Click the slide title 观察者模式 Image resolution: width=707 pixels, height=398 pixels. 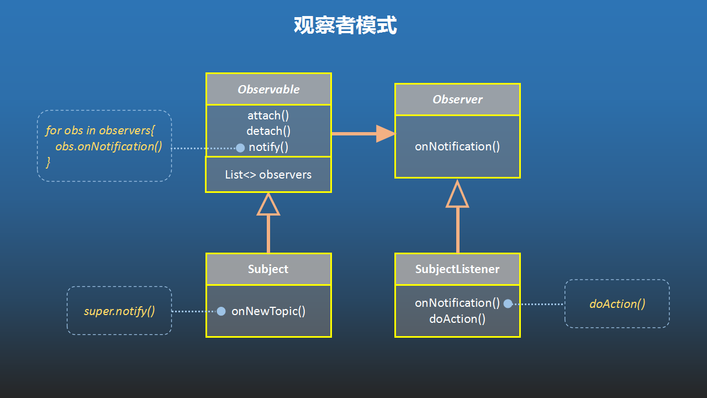click(x=345, y=25)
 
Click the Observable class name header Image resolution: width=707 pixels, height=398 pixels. click(x=268, y=90)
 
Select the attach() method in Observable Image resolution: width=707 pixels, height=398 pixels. click(x=268, y=116)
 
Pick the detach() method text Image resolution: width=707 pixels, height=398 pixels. click(x=268, y=131)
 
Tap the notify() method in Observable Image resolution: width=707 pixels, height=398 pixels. click(x=268, y=147)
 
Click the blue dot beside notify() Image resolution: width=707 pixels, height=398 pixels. click(x=240, y=148)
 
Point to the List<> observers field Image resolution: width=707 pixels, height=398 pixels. click(x=268, y=175)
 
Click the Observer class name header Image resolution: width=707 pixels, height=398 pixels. click(x=458, y=99)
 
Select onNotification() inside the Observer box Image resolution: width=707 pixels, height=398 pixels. click(x=457, y=146)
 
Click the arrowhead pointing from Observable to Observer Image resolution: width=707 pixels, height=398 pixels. click(x=386, y=134)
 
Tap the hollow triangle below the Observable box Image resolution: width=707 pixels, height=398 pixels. click(x=268, y=205)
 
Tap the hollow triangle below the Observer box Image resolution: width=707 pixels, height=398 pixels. click(x=457, y=194)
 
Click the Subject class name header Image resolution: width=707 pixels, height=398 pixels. click(x=268, y=269)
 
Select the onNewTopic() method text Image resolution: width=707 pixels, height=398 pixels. click(x=268, y=311)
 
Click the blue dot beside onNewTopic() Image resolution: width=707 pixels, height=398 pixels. click(x=221, y=311)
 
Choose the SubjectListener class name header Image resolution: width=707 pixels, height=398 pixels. click(x=457, y=269)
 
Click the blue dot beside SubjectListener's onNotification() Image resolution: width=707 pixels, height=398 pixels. click(x=508, y=303)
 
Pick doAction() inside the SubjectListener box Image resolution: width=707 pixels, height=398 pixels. click(x=457, y=319)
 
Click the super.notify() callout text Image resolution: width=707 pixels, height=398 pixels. click(x=119, y=311)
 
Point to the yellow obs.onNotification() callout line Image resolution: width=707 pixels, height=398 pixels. click(x=109, y=146)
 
